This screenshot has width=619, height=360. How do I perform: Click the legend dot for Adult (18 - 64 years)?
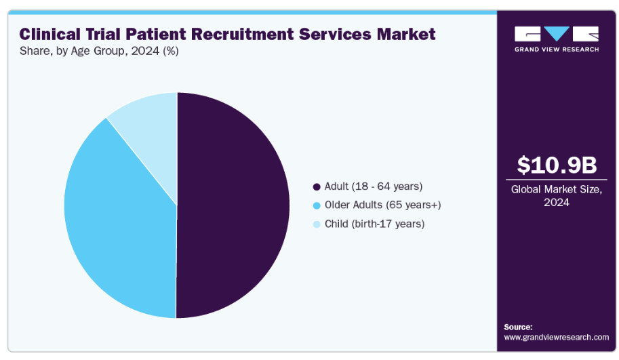click(316, 186)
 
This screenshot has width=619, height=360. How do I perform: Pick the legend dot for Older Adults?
click(316, 205)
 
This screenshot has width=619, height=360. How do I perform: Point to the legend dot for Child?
click(316, 224)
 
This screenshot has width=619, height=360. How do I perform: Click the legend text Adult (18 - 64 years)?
click(374, 186)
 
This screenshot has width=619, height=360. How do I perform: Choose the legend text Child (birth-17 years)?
click(375, 224)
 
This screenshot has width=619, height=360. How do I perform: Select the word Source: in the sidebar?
click(518, 327)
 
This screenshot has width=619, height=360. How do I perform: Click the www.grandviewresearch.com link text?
click(556, 337)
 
